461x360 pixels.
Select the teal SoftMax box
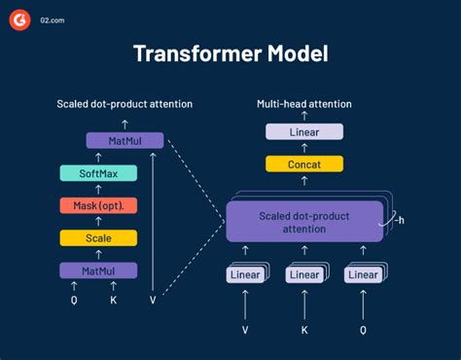tap(98, 173)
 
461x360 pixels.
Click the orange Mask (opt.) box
tap(98, 205)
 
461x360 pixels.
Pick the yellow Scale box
tap(98, 237)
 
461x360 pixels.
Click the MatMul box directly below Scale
tap(98, 270)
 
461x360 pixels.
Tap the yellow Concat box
tap(303, 163)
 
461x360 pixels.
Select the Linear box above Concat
tap(303, 131)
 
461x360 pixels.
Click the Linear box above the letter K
tap(303, 275)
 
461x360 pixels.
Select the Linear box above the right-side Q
tap(363, 275)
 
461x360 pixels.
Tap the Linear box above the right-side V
tap(244, 275)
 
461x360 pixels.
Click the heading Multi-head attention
tap(302, 103)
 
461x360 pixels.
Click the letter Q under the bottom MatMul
tap(74, 301)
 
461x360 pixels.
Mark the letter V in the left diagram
tap(154, 301)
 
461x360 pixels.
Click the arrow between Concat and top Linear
tap(303, 147)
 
